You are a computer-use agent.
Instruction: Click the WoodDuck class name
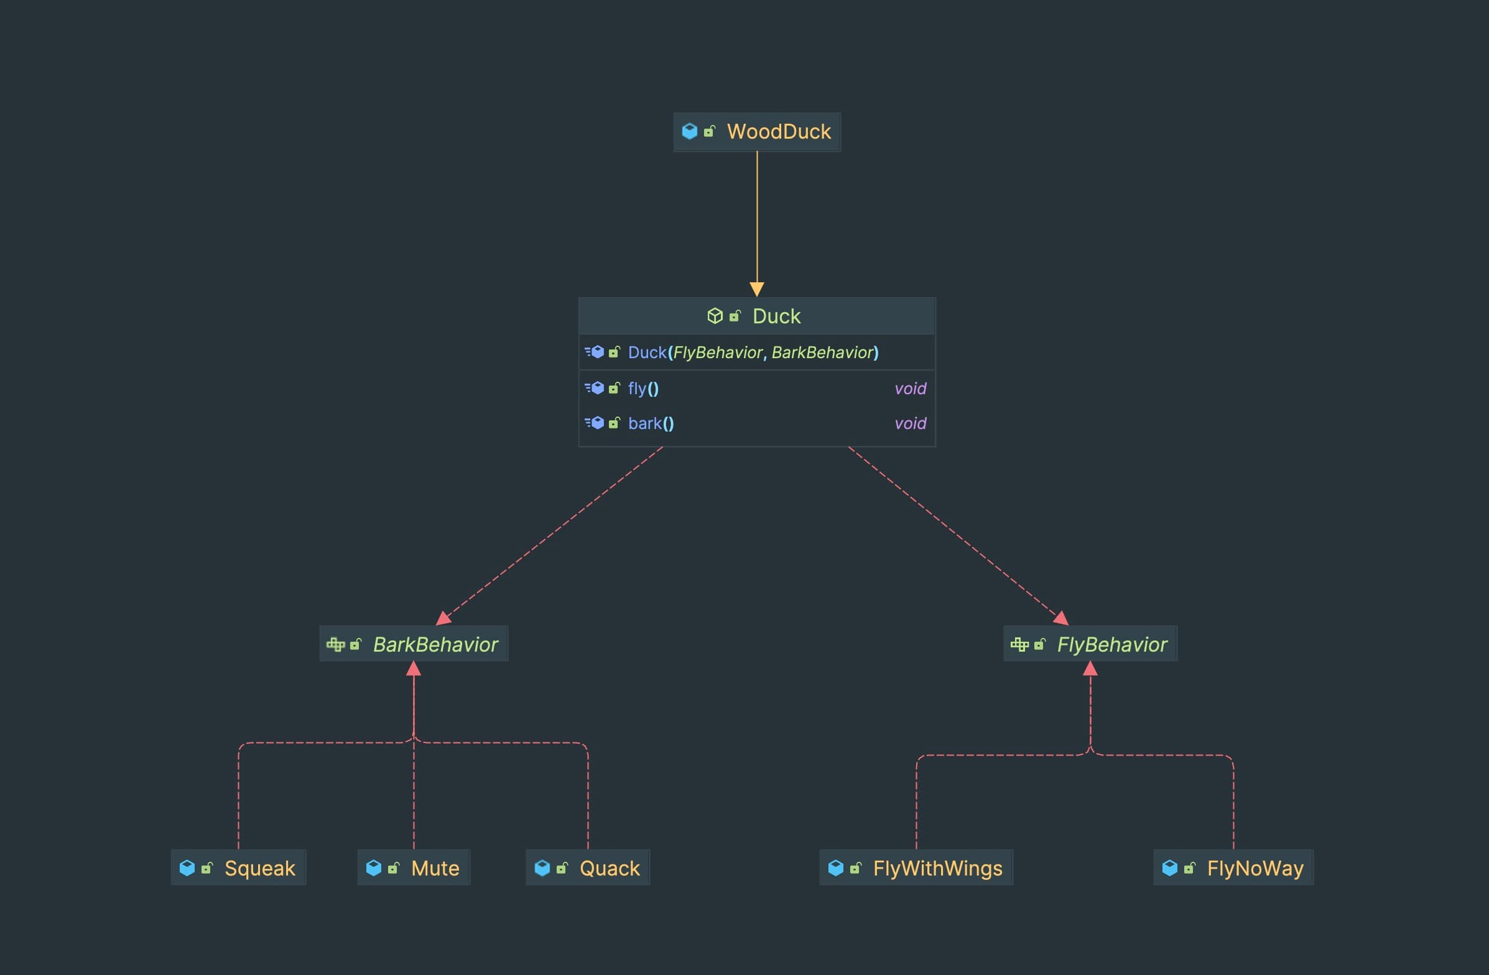(x=778, y=132)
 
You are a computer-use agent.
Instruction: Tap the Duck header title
(x=776, y=317)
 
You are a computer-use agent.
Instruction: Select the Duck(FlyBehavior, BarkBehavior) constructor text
(x=753, y=353)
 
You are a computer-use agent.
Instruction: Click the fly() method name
(x=643, y=389)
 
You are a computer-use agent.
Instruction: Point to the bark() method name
(x=651, y=423)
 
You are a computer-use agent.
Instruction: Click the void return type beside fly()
(x=910, y=389)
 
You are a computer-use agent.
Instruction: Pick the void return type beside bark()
(x=910, y=423)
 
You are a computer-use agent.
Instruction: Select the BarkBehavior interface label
(x=435, y=645)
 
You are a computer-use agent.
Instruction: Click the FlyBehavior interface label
(x=1111, y=645)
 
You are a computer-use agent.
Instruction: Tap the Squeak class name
(x=259, y=869)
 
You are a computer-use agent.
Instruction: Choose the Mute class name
(x=435, y=869)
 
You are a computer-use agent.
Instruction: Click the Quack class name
(x=610, y=869)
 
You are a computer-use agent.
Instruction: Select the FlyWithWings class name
(x=937, y=869)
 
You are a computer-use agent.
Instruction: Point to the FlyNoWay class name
(x=1255, y=869)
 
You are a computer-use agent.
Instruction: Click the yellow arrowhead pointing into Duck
(x=757, y=289)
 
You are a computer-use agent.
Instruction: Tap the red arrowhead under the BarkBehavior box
(x=414, y=669)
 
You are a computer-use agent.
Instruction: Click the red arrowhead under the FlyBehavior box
(x=1090, y=669)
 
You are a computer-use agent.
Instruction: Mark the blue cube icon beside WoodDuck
(x=689, y=131)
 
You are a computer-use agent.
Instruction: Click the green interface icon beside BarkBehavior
(x=335, y=645)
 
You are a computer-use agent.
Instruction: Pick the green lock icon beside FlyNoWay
(x=1189, y=868)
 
